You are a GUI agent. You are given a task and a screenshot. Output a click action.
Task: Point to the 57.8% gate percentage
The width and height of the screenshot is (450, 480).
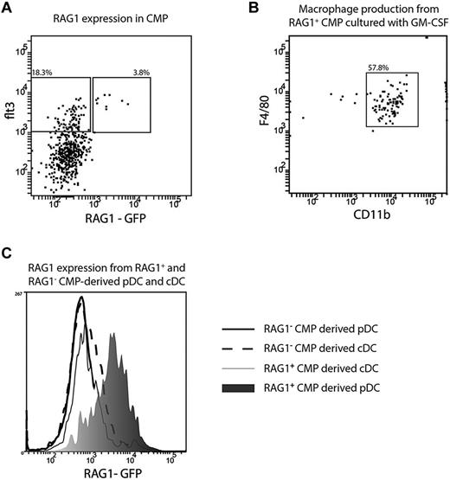click(376, 67)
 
